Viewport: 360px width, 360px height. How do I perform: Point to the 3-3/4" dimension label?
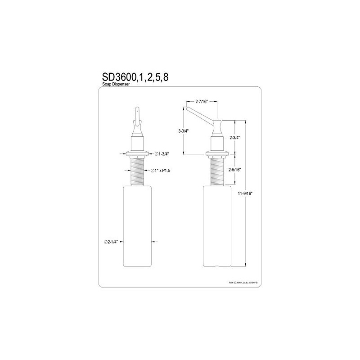[183, 131]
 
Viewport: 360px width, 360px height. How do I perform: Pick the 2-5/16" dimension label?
[235, 170]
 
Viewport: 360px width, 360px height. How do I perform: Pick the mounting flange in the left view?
[137, 152]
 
